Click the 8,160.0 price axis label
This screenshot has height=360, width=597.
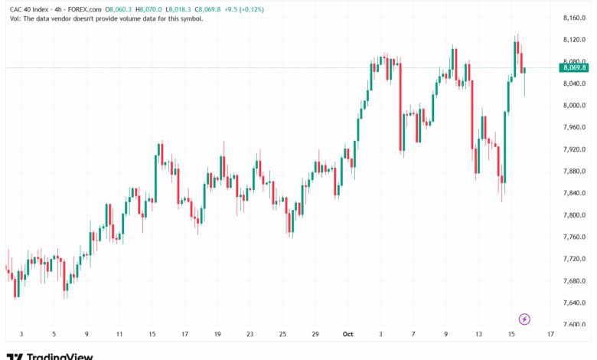coord(574,18)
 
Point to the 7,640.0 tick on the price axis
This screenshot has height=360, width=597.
coord(574,303)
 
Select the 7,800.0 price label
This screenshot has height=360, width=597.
coord(574,215)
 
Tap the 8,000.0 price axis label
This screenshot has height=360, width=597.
coord(574,106)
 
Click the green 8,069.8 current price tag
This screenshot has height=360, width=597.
coord(574,68)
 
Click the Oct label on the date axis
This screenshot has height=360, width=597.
coord(347,334)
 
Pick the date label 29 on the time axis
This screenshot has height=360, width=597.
coord(315,334)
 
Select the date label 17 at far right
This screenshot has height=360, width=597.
coord(550,334)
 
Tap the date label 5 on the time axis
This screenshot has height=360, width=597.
coord(54,334)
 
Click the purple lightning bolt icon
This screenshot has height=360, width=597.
coord(524,319)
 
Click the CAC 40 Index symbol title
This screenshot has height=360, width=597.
coord(29,9)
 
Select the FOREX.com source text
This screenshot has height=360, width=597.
coord(84,9)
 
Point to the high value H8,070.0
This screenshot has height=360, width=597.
coord(148,9)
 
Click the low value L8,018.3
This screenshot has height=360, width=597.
coord(178,9)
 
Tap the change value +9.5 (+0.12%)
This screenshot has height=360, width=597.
coord(244,9)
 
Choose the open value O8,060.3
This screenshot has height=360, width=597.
coord(119,9)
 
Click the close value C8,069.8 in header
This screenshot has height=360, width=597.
coord(207,9)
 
